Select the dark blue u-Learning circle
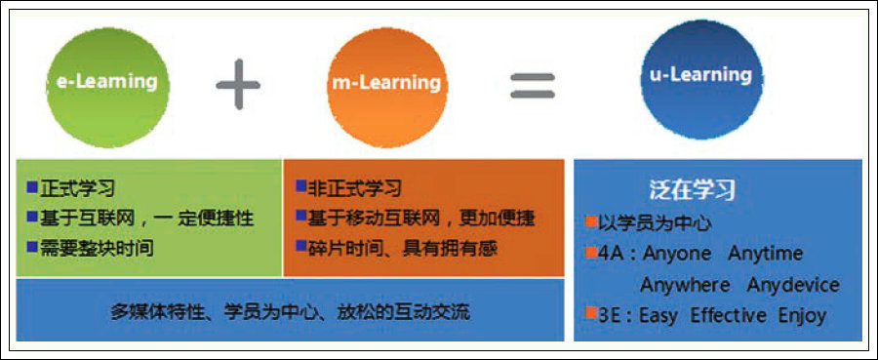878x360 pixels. pyautogui.click(x=701, y=79)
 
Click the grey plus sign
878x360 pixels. pyautogui.click(x=238, y=85)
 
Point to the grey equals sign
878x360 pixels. pyautogui.click(x=533, y=86)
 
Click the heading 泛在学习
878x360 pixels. pyautogui.click(x=692, y=190)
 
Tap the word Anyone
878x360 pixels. pyautogui.click(x=676, y=254)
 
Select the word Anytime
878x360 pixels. pyautogui.click(x=766, y=254)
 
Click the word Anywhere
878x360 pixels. pyautogui.click(x=686, y=285)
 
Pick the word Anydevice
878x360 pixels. pyautogui.click(x=793, y=285)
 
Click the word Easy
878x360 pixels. pyautogui.click(x=658, y=316)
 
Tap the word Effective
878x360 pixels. pyautogui.click(x=728, y=315)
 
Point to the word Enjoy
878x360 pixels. pyautogui.click(x=803, y=316)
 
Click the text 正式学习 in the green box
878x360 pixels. pyautogui.click(x=77, y=188)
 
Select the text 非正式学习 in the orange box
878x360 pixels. pyautogui.click(x=354, y=188)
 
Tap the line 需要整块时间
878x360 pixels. pyautogui.click(x=97, y=249)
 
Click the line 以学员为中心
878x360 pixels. pyautogui.click(x=655, y=224)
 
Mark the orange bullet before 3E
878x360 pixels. pyautogui.click(x=591, y=313)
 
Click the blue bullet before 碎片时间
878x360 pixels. pyautogui.click(x=301, y=245)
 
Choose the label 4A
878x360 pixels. pyautogui.click(x=608, y=254)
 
